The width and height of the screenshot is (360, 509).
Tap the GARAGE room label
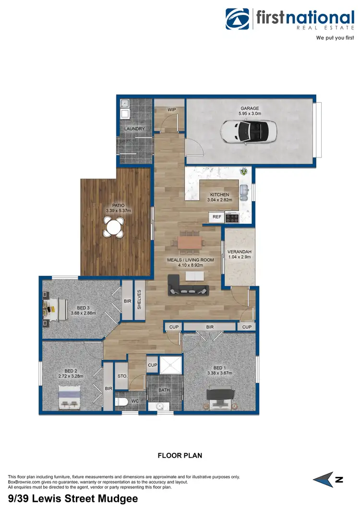[x=250, y=109]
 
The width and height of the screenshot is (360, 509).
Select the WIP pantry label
[x=171, y=110]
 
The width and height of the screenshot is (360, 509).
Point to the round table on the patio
[x=114, y=227]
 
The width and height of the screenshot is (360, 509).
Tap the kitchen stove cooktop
[x=232, y=218]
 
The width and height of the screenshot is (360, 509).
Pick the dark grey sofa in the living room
[x=188, y=289]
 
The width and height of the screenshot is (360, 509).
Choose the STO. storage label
[x=122, y=376]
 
